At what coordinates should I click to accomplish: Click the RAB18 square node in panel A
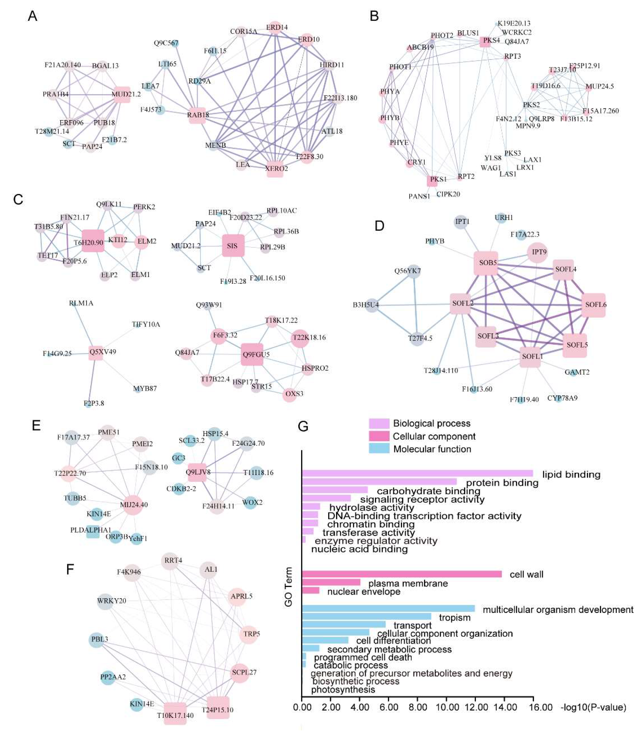tap(197, 115)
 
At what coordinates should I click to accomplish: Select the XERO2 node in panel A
tap(275, 169)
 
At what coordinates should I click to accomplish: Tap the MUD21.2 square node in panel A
tap(122, 95)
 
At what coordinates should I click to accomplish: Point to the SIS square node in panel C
tap(233, 246)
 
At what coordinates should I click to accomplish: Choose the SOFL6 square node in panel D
tap(594, 305)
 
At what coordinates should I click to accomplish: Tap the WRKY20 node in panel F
tap(105, 601)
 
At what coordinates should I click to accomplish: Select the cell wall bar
tap(401, 574)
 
